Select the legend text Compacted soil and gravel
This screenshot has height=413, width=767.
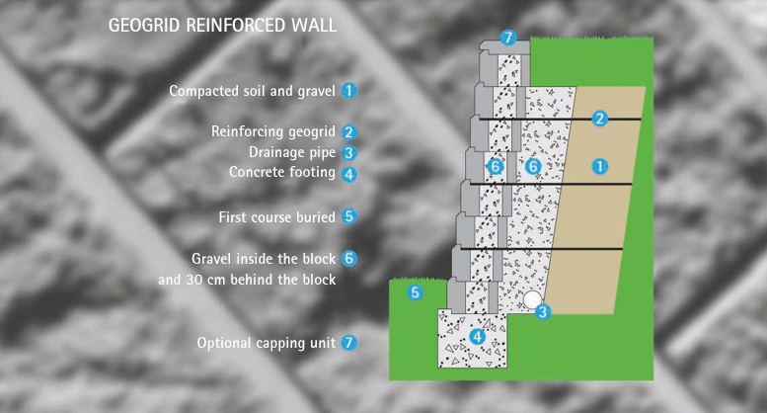(x=252, y=91)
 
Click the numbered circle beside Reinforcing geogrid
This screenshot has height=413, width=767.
(x=348, y=132)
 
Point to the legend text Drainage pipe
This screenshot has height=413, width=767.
(x=292, y=152)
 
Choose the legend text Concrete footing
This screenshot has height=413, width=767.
(x=282, y=172)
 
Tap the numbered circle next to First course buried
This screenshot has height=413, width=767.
(x=348, y=216)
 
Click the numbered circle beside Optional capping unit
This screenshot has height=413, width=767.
(x=348, y=343)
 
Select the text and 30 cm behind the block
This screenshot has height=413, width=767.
(x=247, y=280)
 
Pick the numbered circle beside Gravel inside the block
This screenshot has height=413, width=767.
(x=348, y=258)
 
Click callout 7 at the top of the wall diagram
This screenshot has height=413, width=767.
(x=508, y=38)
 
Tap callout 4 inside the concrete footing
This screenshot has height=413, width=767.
(x=477, y=336)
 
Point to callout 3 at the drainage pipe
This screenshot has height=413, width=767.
(x=543, y=311)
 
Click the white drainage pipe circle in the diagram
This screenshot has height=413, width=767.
(x=531, y=299)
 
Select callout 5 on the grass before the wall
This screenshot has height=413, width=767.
(x=416, y=292)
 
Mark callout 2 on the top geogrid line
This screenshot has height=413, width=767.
(x=600, y=119)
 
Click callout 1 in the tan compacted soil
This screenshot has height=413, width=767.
(x=600, y=166)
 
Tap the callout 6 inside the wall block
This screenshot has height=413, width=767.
(x=495, y=166)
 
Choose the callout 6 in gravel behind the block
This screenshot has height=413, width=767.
(x=533, y=166)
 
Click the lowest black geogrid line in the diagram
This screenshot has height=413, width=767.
(x=542, y=249)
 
